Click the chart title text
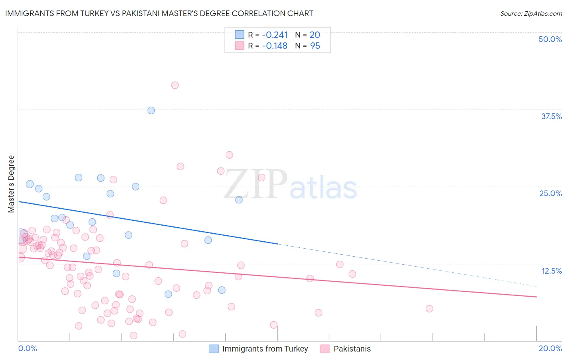pos(159,13)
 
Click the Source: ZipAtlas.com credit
pos(531,13)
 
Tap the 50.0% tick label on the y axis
pos(550,39)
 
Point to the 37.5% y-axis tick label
pos(551,116)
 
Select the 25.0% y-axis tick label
pos(550,193)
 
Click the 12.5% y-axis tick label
pos(551,270)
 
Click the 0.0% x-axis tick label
pos(27,348)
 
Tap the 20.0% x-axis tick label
pos(550,348)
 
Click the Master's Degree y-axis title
pos(11,184)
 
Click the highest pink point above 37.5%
pos(175,85)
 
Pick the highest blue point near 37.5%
pos(151,111)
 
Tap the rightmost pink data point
pos(429,309)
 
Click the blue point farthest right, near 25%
pos(239,200)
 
